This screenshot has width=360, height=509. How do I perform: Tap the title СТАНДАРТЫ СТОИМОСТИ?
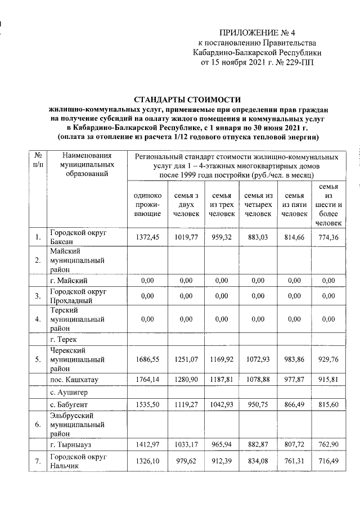187,99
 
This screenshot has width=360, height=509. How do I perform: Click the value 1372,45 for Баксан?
148,237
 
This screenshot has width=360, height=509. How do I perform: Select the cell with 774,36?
330,237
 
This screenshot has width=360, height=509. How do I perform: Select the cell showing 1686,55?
148,358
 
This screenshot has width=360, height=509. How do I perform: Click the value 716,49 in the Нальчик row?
330,461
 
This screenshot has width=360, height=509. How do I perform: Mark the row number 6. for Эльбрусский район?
37,425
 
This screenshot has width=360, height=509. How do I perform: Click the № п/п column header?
37,160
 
